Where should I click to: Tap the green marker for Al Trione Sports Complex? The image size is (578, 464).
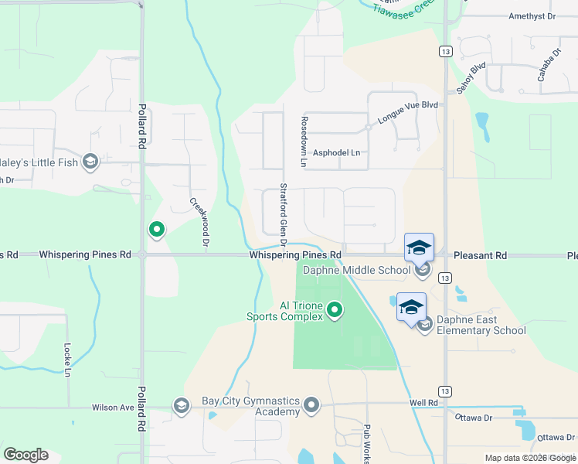coord(335,310)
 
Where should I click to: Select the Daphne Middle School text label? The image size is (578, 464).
coord(356,270)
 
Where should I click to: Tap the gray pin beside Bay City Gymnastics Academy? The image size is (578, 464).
coord(311,405)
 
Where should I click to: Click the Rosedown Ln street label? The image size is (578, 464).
coord(304,142)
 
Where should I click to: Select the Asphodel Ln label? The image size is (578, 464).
coord(336,153)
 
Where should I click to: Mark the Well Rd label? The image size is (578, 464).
coord(424,403)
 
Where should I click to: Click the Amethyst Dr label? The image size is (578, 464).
coord(532,16)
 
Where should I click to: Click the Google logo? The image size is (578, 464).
coord(25,455)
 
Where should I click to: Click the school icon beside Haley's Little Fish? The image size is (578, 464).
coord(90,161)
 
